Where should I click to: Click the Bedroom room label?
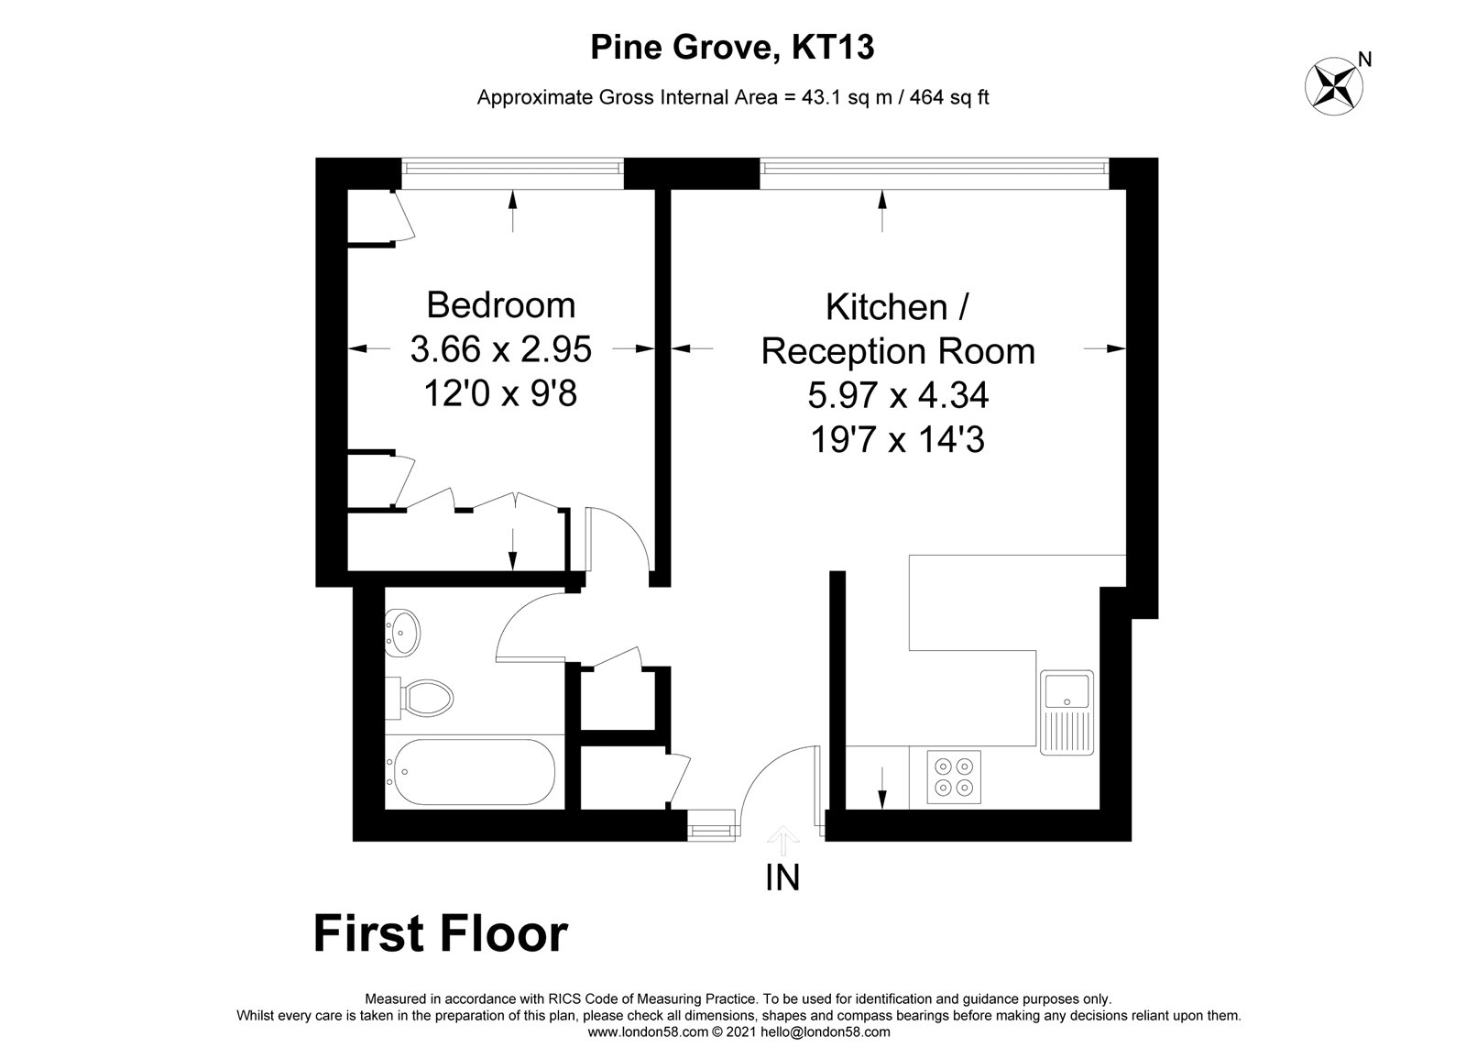pyautogui.click(x=500, y=305)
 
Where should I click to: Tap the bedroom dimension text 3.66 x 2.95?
pyautogui.click(x=500, y=349)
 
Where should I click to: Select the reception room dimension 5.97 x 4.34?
pyautogui.click(x=898, y=395)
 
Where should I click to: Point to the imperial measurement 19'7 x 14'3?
pyautogui.click(x=898, y=439)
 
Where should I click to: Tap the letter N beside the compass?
pyautogui.click(x=1364, y=60)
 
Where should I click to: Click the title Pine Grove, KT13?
pyautogui.click(x=732, y=47)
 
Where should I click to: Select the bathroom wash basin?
pyautogui.click(x=402, y=633)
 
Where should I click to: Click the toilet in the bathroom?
pyautogui.click(x=420, y=698)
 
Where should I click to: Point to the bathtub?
pyautogui.click(x=471, y=773)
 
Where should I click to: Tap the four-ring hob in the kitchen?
pyautogui.click(x=954, y=777)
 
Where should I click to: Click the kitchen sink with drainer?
pyautogui.click(x=1067, y=712)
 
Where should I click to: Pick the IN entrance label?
pyautogui.click(x=782, y=878)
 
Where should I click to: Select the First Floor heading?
pyautogui.click(x=441, y=934)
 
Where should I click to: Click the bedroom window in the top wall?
pyautogui.click(x=512, y=173)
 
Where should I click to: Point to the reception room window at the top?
pyautogui.click(x=935, y=173)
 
